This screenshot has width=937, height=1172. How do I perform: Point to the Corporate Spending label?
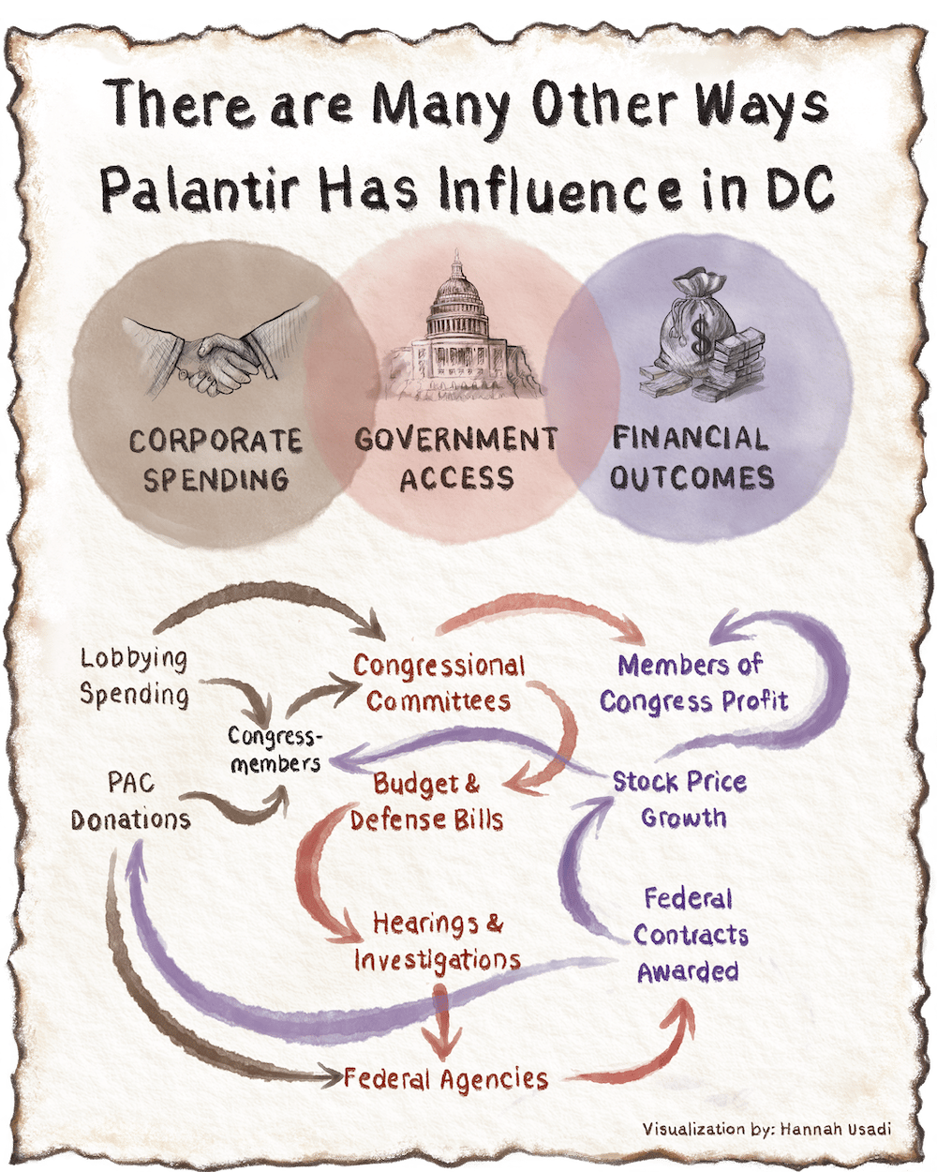point(216,459)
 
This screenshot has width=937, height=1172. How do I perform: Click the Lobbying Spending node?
point(134,676)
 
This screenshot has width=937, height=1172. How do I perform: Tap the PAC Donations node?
point(131,801)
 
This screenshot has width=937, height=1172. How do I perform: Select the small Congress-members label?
point(275,749)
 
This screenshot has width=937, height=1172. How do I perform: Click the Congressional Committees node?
point(439,683)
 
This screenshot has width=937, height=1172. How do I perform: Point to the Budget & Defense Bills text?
point(427,802)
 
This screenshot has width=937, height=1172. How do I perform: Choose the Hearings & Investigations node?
point(438,941)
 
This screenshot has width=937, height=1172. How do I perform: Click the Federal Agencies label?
point(445,1078)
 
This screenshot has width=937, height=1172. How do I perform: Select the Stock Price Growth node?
point(680,799)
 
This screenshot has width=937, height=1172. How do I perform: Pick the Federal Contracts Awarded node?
point(690,935)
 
